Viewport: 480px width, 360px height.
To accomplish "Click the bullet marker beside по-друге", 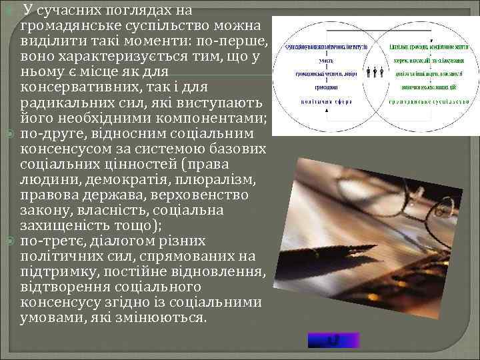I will coord(9,134).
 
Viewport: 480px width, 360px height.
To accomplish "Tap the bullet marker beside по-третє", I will coord(9,241).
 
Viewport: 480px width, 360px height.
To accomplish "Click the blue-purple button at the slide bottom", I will coord(333,340).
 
